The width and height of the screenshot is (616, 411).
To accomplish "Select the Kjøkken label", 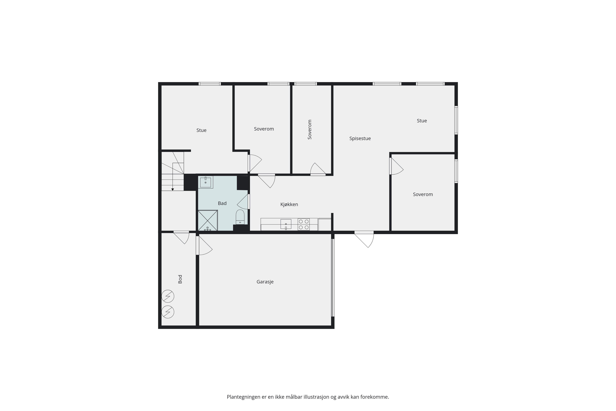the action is tap(289, 204).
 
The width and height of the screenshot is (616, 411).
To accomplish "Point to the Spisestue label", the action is tap(360, 138).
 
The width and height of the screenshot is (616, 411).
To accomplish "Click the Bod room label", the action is tap(180, 279).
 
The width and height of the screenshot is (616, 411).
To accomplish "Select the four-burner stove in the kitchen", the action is tap(304, 224).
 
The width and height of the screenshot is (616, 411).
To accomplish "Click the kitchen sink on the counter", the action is tap(286, 224).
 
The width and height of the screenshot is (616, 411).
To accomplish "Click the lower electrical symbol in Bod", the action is tap(168, 312).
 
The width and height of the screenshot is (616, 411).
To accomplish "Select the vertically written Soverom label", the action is tap(310, 129).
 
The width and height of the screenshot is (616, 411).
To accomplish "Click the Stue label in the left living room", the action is tap(201, 130).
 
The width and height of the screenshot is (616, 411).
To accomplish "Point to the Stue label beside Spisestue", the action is tap(422, 121).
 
